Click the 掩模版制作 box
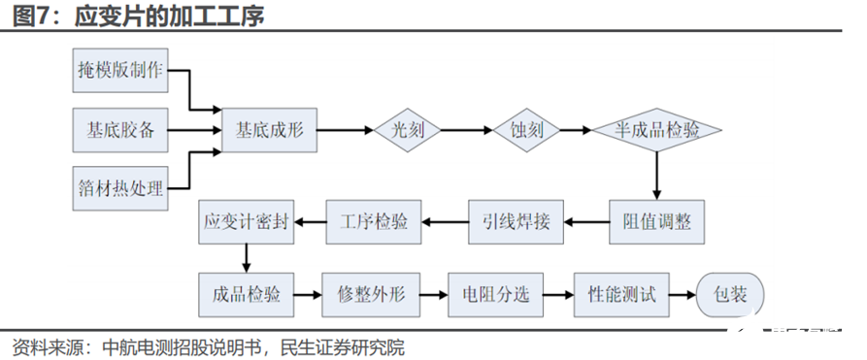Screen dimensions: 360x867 (x=120, y=72)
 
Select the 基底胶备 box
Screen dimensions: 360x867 (x=120, y=128)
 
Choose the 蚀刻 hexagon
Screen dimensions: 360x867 (x=525, y=128)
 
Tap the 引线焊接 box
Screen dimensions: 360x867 (x=517, y=222)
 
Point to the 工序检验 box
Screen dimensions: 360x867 (x=374, y=222)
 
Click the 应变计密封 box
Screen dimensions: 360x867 (x=246, y=222)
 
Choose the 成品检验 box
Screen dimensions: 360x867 (x=246, y=294)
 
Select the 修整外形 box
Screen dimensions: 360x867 (x=374, y=294)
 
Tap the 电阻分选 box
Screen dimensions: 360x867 (x=496, y=294)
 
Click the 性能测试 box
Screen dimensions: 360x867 (x=622, y=294)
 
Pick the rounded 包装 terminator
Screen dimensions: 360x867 (x=730, y=294)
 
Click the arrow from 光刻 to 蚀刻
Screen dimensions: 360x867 (x=470, y=128)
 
